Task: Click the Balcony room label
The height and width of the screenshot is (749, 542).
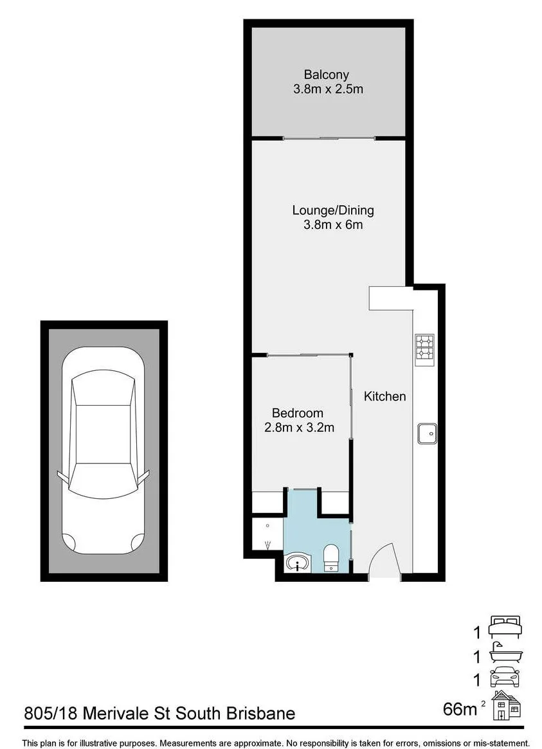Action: point(326,75)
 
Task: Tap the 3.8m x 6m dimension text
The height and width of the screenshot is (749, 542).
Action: point(333,224)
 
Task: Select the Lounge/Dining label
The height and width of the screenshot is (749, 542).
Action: point(333,210)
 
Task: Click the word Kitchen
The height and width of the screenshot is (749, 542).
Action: point(385,396)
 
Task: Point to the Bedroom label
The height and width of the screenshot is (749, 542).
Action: point(298,413)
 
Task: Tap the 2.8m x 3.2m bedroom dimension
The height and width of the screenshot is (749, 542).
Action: point(299,427)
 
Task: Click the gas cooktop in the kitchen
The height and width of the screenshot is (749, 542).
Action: point(424,347)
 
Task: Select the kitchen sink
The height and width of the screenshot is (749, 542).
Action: point(427,433)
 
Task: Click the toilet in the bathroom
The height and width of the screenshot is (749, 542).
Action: point(331,559)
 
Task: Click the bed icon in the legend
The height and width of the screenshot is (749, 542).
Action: point(505,627)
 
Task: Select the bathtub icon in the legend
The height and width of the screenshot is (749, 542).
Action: point(506,653)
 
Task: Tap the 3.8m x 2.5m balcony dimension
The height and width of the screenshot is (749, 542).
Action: point(328,89)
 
